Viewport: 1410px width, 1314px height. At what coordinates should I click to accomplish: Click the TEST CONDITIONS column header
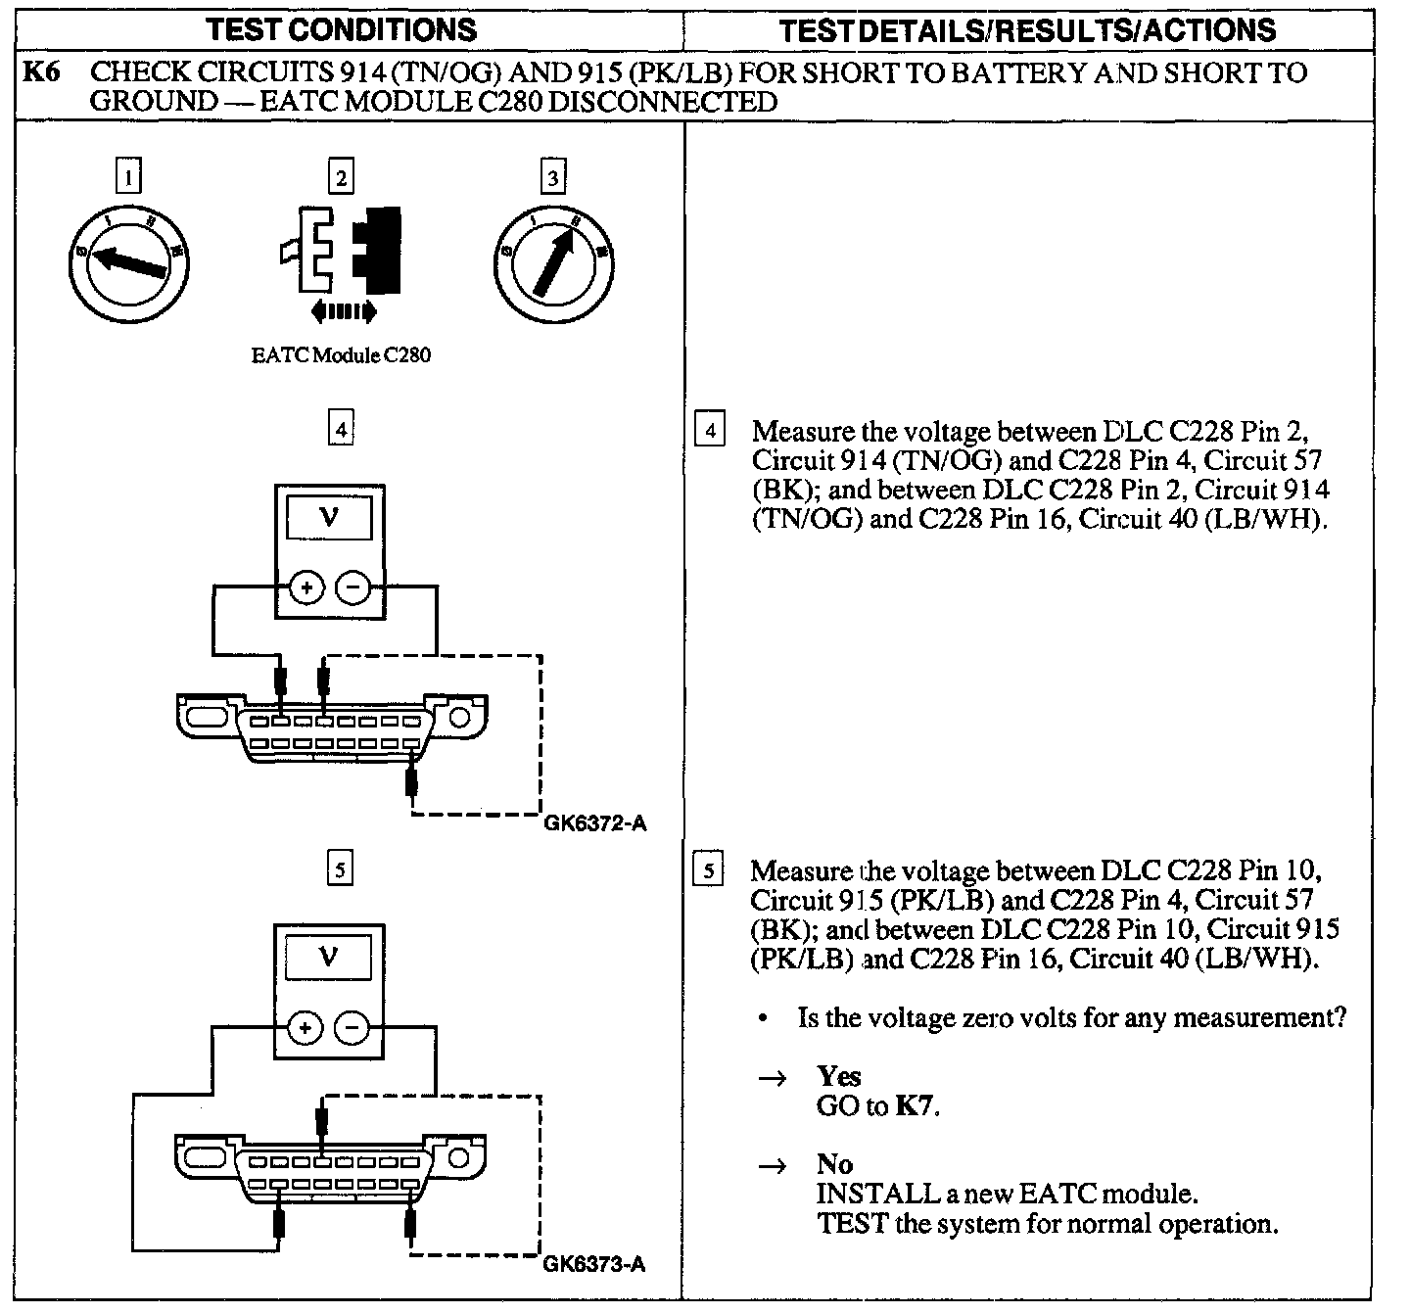tap(342, 29)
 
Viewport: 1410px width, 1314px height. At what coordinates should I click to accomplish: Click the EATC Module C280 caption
tap(341, 355)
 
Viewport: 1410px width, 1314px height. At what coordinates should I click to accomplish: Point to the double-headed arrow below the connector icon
tap(343, 312)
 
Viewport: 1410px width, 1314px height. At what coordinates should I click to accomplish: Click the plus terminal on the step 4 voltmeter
tap(306, 588)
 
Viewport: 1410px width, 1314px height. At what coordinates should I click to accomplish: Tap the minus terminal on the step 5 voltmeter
tap(352, 1028)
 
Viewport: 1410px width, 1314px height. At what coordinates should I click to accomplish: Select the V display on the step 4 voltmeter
tap(329, 516)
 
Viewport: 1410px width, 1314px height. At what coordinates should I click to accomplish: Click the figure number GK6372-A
tap(594, 822)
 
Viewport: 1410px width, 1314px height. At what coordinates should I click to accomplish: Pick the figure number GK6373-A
tap(594, 1263)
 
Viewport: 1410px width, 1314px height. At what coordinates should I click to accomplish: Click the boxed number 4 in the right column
tap(710, 431)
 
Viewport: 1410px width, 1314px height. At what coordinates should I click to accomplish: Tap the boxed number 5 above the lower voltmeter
tap(340, 869)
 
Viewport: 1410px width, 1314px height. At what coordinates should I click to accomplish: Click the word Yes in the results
tap(839, 1077)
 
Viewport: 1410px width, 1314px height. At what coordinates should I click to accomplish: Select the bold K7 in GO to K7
tap(916, 1106)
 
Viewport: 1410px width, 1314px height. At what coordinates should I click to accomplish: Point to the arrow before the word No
tap(774, 1166)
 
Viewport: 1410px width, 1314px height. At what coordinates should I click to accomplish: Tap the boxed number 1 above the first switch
tap(128, 177)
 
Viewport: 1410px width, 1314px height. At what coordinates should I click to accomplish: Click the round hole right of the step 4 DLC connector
tap(459, 718)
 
